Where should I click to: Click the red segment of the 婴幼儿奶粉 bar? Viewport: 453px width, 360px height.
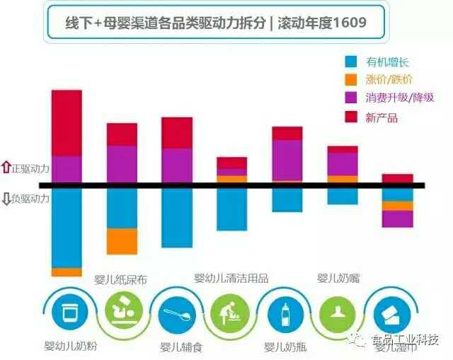click(x=67, y=123)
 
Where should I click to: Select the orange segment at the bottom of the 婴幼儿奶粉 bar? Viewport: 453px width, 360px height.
click(x=67, y=272)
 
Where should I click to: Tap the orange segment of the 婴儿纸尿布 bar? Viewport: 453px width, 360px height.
click(x=122, y=241)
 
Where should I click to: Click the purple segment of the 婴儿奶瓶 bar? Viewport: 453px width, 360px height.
click(x=287, y=161)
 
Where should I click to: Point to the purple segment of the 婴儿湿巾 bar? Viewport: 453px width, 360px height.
click(x=397, y=219)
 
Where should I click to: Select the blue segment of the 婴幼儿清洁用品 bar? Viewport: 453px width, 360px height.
click(x=231, y=209)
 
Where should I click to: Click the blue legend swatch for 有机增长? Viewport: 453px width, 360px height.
click(x=350, y=62)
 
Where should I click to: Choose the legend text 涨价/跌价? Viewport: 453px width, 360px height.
click(x=389, y=80)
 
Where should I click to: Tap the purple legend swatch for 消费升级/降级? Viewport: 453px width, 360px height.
click(x=350, y=99)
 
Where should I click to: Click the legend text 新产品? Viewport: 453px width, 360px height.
click(x=382, y=117)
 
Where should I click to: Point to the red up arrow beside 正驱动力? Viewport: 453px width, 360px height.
click(x=6, y=168)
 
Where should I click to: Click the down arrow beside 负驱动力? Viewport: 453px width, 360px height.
click(x=6, y=199)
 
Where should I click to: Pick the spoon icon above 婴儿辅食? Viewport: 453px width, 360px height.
click(x=176, y=314)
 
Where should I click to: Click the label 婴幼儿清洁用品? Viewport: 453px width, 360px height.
click(x=231, y=278)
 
